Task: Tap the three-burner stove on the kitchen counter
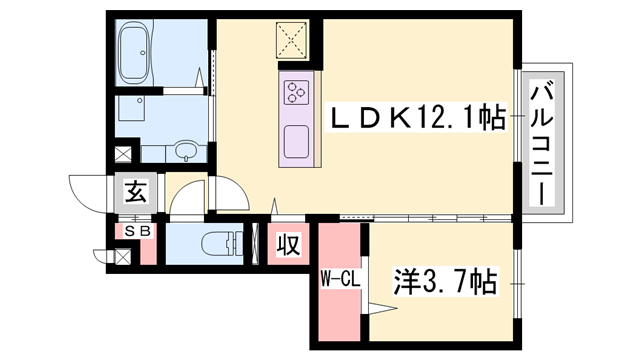pyautogui.click(x=298, y=93)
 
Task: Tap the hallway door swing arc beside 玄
pyautogui.click(x=190, y=195)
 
